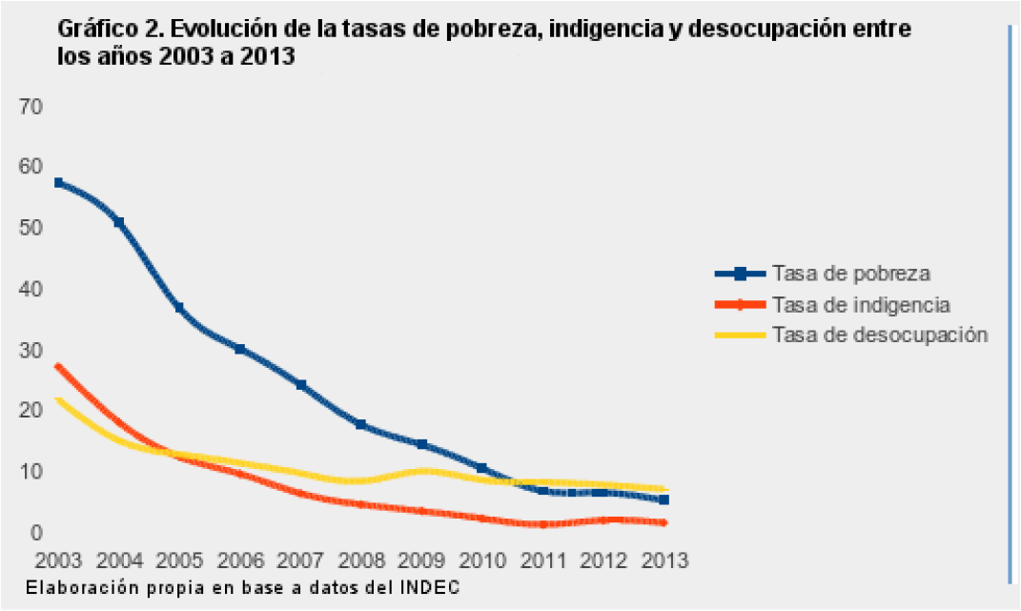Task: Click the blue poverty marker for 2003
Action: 58,182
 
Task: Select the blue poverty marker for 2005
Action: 179,308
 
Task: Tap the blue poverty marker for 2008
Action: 360,424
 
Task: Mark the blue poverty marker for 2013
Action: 664,499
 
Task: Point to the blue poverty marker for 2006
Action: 240,350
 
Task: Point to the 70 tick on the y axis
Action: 31,106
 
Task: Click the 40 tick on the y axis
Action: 31,289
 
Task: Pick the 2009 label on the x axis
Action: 420,560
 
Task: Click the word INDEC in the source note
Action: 440,586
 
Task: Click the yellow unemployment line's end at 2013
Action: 664,489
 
